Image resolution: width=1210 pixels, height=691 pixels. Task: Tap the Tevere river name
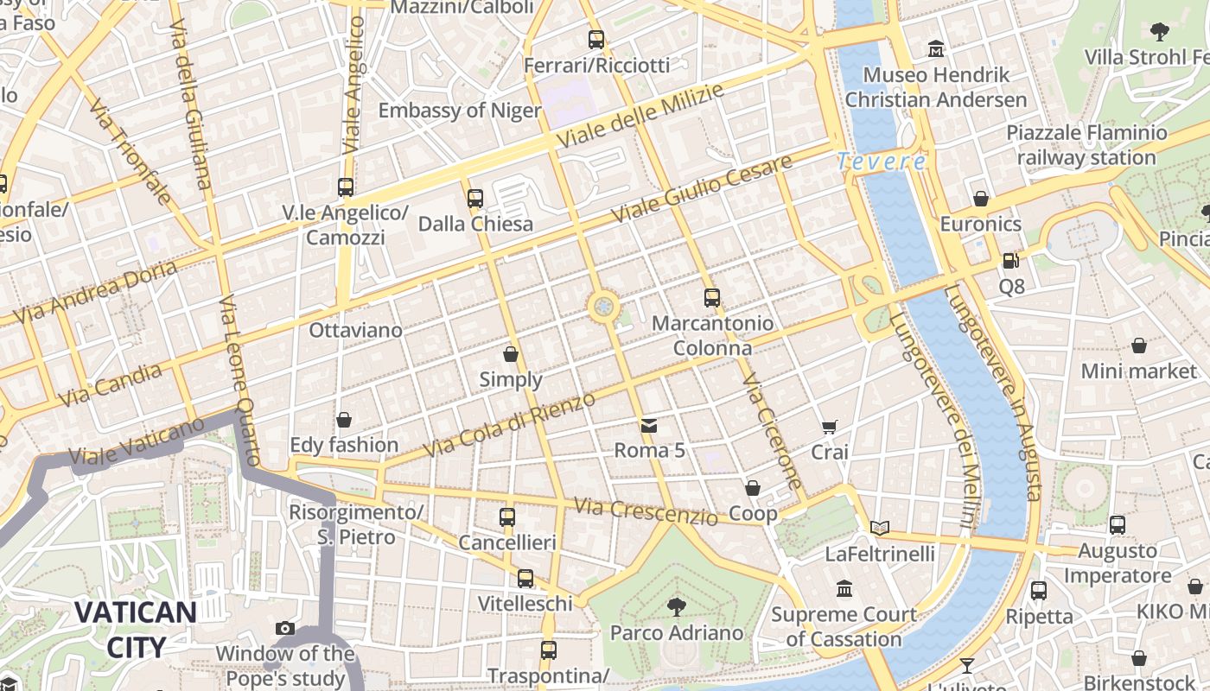(881, 162)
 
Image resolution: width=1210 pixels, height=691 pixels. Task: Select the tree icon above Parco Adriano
(677, 606)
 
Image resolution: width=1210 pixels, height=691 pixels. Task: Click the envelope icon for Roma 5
(648, 425)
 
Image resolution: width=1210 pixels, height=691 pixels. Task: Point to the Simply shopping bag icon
(511, 354)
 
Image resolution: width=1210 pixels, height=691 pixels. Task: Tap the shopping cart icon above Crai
(829, 426)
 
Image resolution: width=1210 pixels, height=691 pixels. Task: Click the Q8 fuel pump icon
(1009, 260)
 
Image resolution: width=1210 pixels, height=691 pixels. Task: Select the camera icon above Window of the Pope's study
(284, 628)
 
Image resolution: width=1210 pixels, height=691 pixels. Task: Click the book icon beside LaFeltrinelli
(880, 527)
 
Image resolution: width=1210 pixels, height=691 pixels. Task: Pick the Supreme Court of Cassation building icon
(844, 589)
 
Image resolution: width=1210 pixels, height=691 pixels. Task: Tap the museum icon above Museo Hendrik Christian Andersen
(935, 49)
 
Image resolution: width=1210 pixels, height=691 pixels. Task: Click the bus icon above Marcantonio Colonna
(711, 298)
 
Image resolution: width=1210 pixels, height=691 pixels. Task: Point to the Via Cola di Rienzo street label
(509, 425)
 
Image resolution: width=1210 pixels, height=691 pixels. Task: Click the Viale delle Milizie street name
(640, 116)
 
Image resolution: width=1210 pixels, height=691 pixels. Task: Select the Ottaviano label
(355, 330)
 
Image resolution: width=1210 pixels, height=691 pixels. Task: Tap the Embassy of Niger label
(459, 111)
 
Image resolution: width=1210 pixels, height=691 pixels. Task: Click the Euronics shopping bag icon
(980, 199)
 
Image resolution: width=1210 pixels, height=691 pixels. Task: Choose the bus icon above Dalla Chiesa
(474, 199)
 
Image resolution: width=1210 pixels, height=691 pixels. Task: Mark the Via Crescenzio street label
(645, 510)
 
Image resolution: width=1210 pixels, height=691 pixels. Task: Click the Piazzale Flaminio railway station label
(1086, 145)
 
